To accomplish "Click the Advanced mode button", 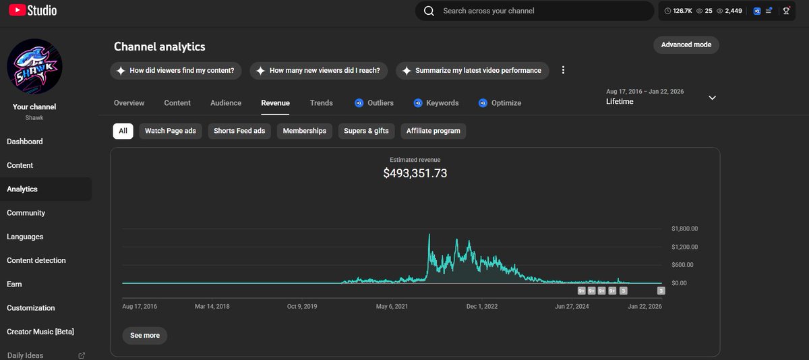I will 686,44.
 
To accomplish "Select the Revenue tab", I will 275,103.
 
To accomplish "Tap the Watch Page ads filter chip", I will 170,131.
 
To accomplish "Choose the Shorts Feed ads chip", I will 239,131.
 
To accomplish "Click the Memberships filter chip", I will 304,131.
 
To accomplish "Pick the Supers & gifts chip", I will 366,131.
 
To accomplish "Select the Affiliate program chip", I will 433,131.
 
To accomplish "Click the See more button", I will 145,335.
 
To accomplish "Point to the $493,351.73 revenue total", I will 415,173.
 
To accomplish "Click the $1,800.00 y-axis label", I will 684,229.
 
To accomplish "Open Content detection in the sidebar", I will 36,260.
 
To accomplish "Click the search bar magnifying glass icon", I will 429,11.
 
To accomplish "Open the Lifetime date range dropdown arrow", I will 712,98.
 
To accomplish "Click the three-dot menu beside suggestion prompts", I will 563,70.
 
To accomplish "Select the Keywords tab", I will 442,103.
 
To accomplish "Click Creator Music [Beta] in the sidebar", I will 40,332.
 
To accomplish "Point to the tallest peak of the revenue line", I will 429,235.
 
